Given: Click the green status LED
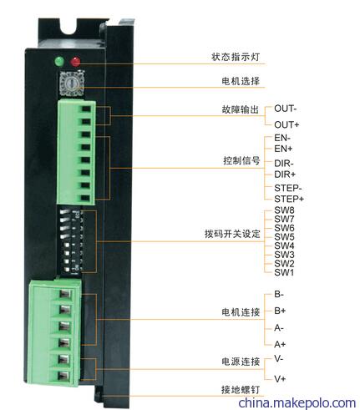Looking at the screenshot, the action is click(59, 61).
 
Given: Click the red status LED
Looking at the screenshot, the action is click(75, 62).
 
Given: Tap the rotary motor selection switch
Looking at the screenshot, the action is click(72, 84).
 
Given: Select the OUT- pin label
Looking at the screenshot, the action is click(286, 109).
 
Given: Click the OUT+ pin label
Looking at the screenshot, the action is click(286, 124).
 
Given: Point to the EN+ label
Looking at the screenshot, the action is click(283, 149).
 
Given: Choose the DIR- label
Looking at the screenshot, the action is click(284, 164).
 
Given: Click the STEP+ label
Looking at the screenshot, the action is click(289, 199).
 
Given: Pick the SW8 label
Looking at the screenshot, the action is click(284, 210).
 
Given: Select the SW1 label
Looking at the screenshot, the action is click(284, 272).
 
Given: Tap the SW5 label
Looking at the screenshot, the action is click(284, 237).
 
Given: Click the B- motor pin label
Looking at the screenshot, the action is click(279, 294).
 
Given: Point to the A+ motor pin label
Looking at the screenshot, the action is click(280, 344).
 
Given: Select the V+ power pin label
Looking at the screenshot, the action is click(280, 378).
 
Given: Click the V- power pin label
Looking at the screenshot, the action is click(278, 358).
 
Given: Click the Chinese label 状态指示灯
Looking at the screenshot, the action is click(236, 57).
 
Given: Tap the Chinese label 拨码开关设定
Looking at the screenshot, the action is click(232, 234).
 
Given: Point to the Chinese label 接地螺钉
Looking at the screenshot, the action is click(241, 389).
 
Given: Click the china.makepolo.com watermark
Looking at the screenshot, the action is click(297, 402).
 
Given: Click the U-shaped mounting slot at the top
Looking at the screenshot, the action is click(68, 28).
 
